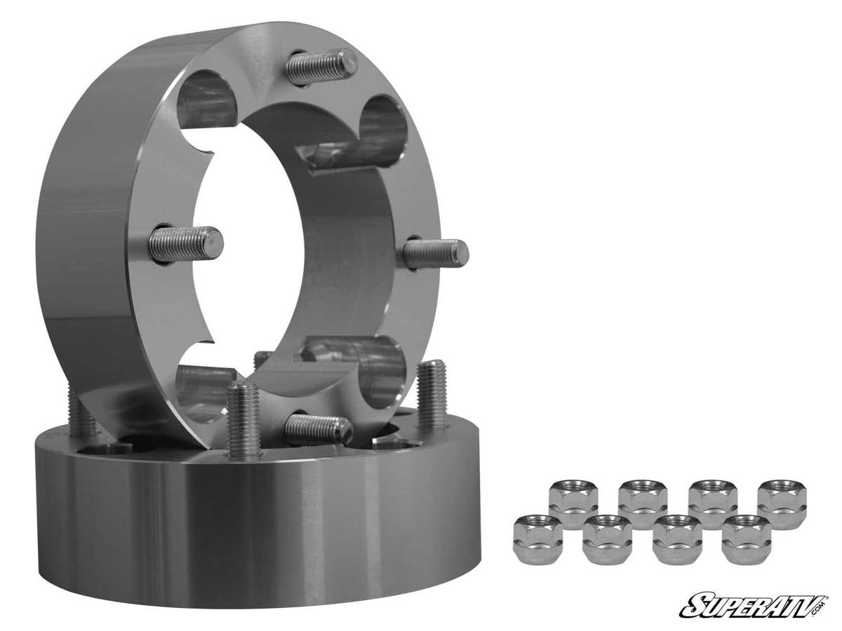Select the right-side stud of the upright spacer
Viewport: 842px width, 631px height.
436,253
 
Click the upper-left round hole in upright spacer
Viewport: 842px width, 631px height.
205,102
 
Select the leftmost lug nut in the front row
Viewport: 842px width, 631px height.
537,538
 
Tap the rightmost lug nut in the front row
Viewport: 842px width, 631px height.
746,538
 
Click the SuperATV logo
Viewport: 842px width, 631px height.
754,604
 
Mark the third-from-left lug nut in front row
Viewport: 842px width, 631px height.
676,538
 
